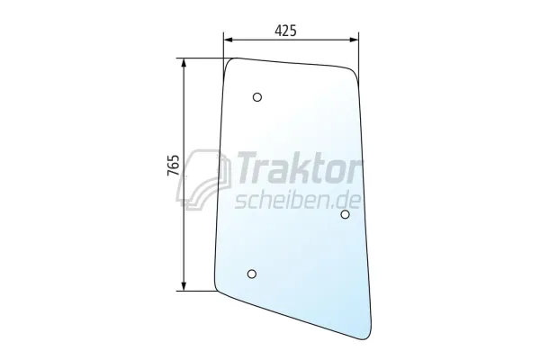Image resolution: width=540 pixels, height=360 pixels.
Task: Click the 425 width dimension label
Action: [x=285, y=31]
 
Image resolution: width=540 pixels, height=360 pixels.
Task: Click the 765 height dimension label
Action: [x=173, y=166]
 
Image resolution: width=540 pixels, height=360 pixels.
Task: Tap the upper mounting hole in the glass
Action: [x=256, y=97]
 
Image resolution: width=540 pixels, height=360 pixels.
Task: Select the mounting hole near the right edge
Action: [x=345, y=214]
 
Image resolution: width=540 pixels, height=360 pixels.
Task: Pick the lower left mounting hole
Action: [x=252, y=274]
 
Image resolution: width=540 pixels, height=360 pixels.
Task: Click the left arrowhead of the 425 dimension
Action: [x=229, y=40]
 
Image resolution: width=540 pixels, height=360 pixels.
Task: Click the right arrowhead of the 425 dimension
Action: [x=354, y=40]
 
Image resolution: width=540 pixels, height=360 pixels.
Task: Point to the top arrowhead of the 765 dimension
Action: [x=184, y=63]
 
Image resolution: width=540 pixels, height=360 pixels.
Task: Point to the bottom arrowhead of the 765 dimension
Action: [x=184, y=286]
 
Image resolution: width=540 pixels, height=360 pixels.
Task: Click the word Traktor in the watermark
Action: [x=296, y=167]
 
